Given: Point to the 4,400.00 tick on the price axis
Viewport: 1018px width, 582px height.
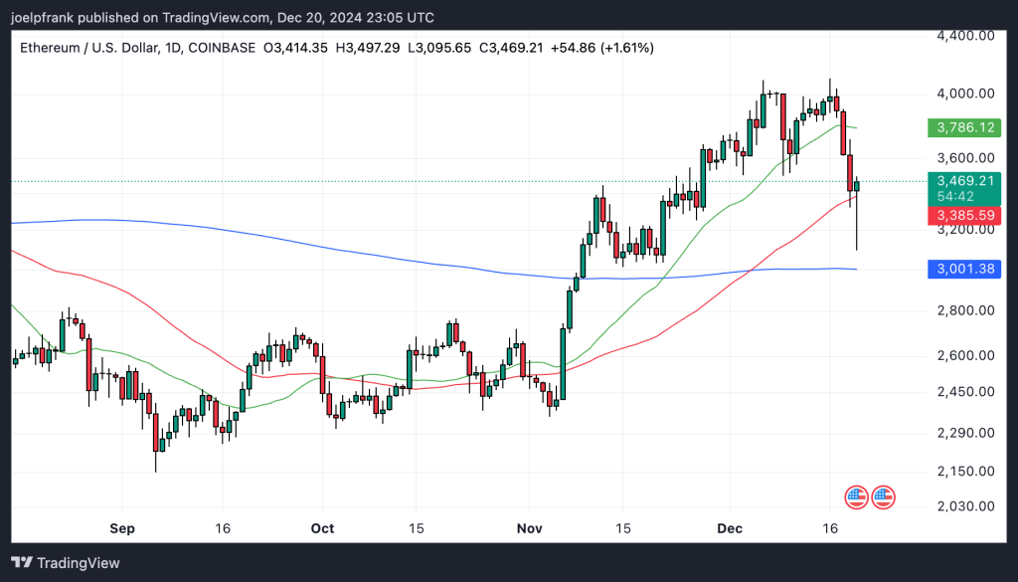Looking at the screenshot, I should click(x=965, y=35).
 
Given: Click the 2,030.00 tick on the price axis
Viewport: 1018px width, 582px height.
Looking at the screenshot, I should click(x=965, y=506).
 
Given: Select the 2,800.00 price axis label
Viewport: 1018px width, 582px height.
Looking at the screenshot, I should click(x=965, y=310).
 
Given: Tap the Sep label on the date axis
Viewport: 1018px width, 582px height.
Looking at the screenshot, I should click(x=121, y=528).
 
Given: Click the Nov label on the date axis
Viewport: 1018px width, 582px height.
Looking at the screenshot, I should click(x=527, y=528).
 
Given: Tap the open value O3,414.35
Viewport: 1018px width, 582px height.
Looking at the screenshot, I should click(x=297, y=48).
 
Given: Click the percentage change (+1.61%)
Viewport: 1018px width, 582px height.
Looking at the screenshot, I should click(x=624, y=48).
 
